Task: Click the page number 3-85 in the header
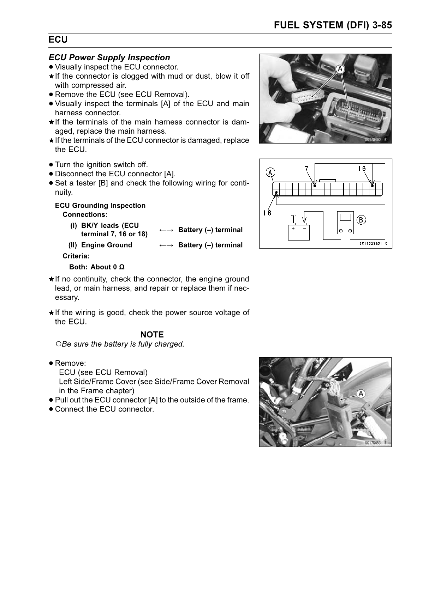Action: (x=380, y=25)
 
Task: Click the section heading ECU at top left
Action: (x=58, y=40)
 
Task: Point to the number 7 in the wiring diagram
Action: (x=306, y=168)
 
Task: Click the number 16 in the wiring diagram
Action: (x=362, y=168)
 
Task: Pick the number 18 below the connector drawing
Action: (x=267, y=212)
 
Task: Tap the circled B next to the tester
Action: (x=361, y=220)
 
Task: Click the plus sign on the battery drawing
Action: (x=293, y=227)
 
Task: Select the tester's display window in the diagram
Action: (x=345, y=218)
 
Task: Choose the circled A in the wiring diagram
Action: (x=270, y=172)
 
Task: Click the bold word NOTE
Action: (x=152, y=334)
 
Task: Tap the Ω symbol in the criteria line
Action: (x=122, y=267)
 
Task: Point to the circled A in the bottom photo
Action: (x=361, y=394)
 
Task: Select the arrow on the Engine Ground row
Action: (x=166, y=245)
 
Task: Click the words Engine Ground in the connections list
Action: (x=107, y=245)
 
